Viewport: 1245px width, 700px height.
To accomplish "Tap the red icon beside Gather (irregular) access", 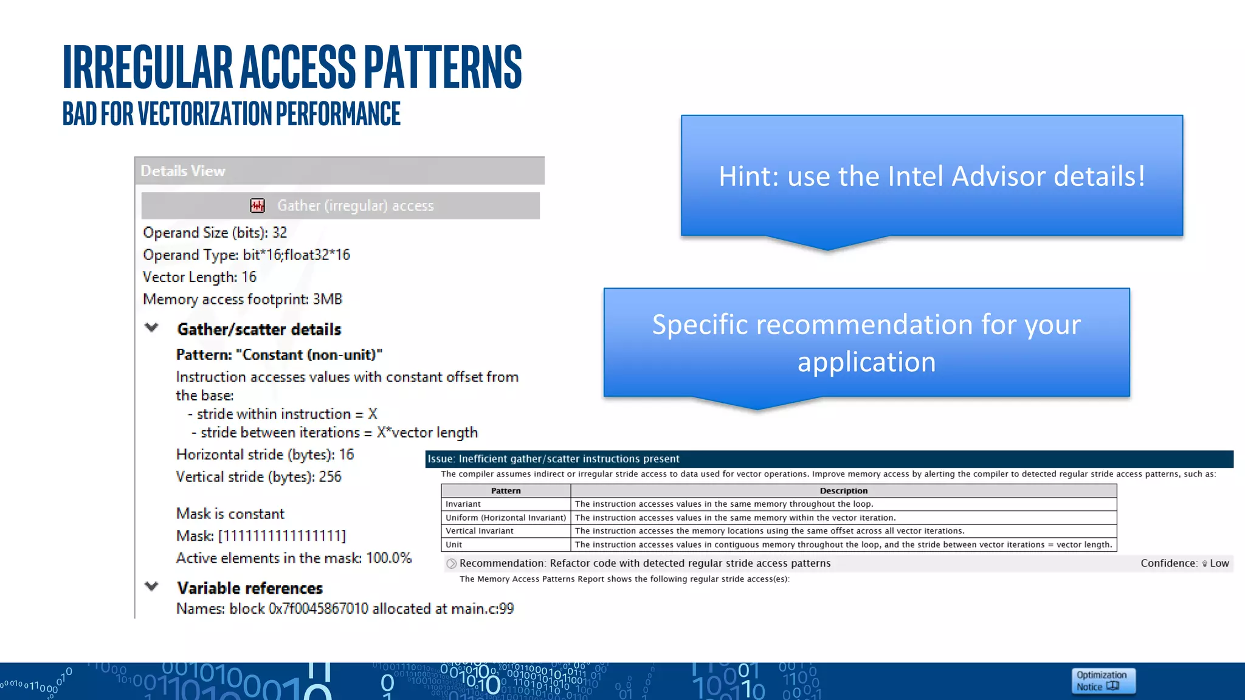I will point(258,206).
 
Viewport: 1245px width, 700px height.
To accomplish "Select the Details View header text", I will point(183,171).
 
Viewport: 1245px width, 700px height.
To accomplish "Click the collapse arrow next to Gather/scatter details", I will point(152,328).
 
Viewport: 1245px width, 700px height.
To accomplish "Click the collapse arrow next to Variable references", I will point(152,586).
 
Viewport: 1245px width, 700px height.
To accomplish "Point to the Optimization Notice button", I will point(1103,681).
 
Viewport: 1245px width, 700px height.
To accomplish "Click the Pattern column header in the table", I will point(506,491).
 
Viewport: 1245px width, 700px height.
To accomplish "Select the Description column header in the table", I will point(843,491).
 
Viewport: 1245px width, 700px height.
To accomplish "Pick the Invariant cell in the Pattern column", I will point(463,504).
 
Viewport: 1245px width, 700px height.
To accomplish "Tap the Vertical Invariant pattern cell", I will point(480,531).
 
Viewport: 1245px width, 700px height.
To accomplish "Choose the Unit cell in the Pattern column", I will point(454,545).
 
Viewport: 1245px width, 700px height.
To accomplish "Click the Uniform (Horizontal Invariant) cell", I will point(506,518).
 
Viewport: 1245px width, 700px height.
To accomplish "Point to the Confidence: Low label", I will point(1184,563).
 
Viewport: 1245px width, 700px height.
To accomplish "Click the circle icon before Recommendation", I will point(452,564).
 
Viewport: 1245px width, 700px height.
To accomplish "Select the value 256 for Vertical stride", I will point(330,477).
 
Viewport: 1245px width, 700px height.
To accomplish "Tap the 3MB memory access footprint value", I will point(328,300).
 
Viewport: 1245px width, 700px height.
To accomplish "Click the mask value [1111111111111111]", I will point(282,536).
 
